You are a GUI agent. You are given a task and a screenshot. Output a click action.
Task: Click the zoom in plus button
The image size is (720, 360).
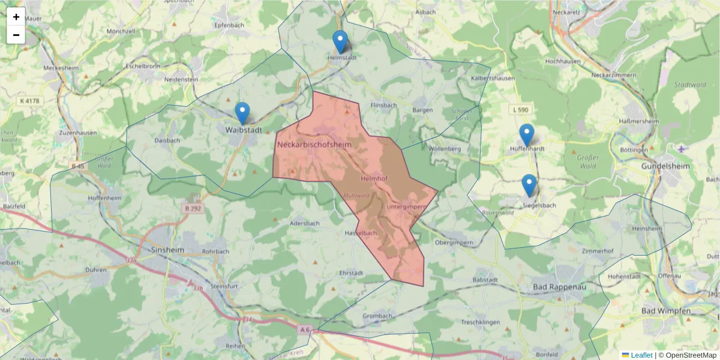[16, 17]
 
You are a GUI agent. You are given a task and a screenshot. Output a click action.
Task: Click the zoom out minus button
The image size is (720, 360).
[16, 35]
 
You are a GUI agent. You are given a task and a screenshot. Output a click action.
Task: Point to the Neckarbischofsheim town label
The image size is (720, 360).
[314, 145]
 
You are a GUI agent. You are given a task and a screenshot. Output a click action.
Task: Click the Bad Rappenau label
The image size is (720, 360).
[559, 287]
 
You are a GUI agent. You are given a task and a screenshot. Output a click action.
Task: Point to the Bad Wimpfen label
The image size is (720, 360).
[666, 311]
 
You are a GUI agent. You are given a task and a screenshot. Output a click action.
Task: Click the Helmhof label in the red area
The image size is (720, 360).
[375, 179]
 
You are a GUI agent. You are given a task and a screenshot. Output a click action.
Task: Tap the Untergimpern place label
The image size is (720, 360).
[407, 207]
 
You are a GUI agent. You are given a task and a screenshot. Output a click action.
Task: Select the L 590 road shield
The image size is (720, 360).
[521, 110]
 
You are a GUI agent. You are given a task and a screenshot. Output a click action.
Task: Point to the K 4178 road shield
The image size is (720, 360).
[29, 101]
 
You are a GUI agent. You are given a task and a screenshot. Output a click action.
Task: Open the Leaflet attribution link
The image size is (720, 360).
[641, 355]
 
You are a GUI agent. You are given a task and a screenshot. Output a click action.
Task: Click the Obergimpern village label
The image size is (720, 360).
[454, 242]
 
